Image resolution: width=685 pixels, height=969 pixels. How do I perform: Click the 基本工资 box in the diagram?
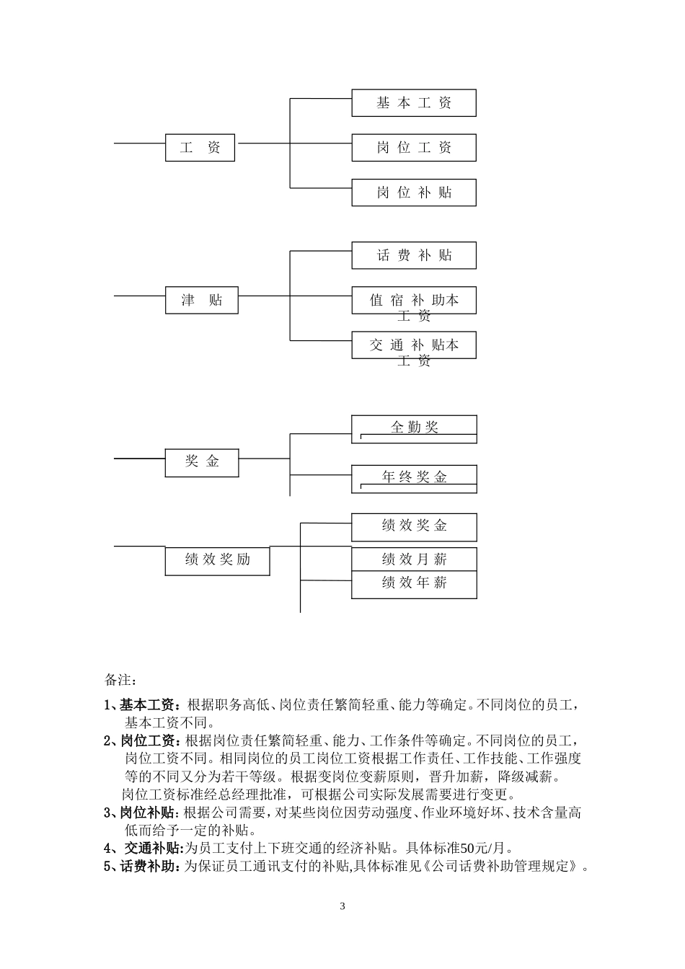pos(414,103)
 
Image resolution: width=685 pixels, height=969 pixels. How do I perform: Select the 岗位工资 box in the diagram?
pos(414,148)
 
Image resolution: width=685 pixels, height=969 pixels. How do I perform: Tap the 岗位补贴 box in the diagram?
pos(414,193)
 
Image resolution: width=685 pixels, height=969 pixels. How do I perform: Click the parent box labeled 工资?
pos(200,148)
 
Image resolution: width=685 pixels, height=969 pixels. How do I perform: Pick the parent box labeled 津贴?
pos(202,300)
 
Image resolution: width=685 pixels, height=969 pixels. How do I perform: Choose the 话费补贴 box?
pos(414,255)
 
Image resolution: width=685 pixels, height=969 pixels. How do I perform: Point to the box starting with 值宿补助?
pos(414,301)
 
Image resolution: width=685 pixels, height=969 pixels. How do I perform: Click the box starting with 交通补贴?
pos(414,345)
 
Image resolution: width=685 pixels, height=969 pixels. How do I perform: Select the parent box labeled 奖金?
pos(202,461)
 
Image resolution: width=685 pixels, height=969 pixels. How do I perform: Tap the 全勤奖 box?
pos(414,428)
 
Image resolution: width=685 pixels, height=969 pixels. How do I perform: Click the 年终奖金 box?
pos(414,477)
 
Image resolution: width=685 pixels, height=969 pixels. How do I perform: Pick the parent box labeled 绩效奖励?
pos(217,560)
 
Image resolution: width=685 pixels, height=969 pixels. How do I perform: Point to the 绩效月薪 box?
pos(414,559)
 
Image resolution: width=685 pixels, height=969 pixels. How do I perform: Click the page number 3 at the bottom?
pos(342,906)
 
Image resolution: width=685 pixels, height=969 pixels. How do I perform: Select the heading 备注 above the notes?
pos(120,680)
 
